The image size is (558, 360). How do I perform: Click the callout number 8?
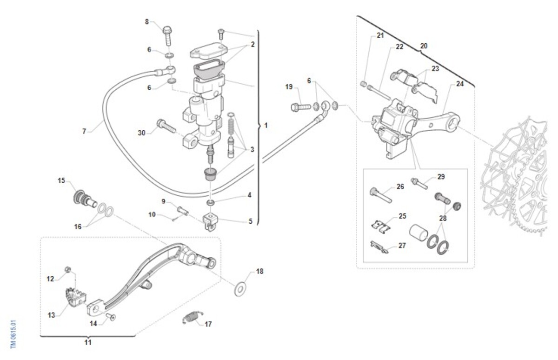tap(147, 21)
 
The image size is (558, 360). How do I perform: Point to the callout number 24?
tap(459, 84)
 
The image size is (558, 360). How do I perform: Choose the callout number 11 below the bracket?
tap(87, 342)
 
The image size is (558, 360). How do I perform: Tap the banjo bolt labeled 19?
tap(300, 107)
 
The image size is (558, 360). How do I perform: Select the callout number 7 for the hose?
tap(84, 131)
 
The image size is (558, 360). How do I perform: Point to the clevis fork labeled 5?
tap(211, 221)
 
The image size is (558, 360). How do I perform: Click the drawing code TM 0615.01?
tap(13, 333)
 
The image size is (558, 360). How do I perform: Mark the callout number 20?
tap(424, 46)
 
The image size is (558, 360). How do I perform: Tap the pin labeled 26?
tap(380, 194)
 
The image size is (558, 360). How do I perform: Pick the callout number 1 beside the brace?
tap(266, 126)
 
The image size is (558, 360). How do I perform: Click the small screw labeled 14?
tap(111, 317)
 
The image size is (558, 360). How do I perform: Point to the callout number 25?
tap(402, 216)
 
